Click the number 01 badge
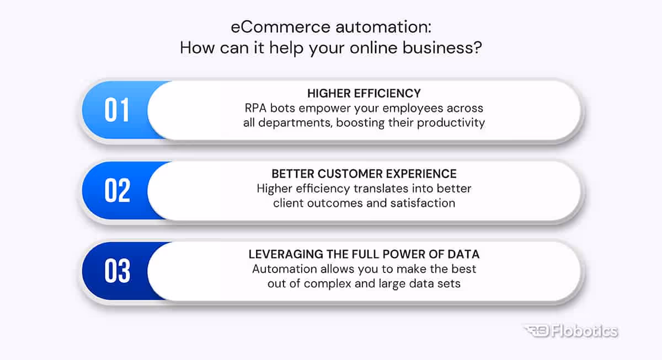(x=117, y=110)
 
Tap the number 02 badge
(x=117, y=191)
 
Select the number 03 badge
(x=117, y=271)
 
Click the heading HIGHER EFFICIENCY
(x=364, y=93)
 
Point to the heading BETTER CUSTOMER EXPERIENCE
(x=364, y=174)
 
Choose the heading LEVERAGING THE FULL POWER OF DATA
(x=364, y=254)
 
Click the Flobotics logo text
(x=586, y=331)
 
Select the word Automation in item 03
(x=279, y=269)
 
